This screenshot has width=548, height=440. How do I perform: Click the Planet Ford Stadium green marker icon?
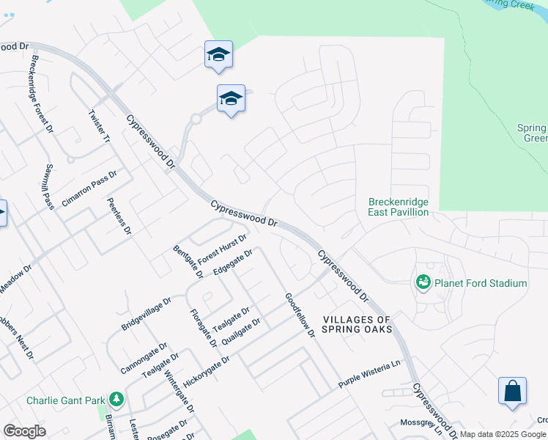tap(423, 282)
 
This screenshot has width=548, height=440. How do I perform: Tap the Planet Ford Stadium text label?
tap(480, 283)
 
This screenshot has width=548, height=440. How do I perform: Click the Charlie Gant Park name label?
tap(66, 400)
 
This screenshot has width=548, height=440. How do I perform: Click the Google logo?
tap(24, 431)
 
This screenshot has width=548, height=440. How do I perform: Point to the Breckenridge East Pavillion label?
tap(398, 207)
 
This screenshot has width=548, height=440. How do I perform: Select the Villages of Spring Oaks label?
tap(358, 324)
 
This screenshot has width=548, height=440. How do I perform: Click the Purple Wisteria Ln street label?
tap(371, 373)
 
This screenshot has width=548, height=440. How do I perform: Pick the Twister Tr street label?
tap(98, 126)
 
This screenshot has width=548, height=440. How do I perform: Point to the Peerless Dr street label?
tap(118, 216)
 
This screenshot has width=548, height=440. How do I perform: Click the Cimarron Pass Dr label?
tap(89, 188)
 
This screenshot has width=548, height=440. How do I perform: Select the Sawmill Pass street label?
tap(49, 186)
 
